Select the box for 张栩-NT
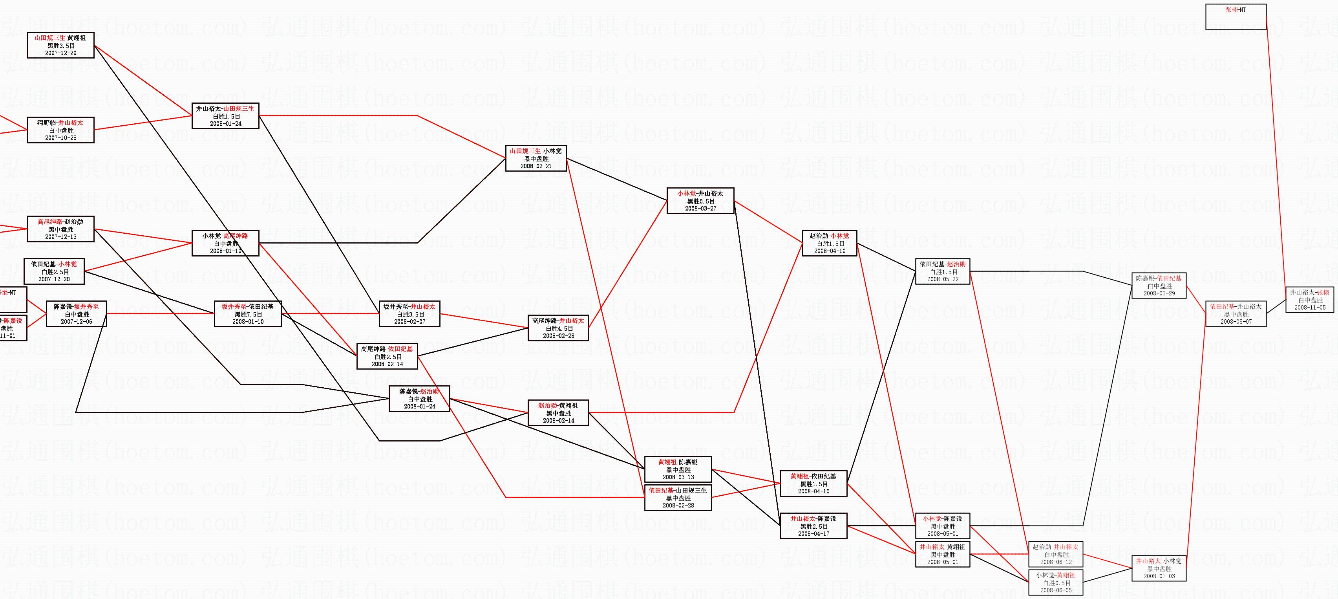tap(1235, 16)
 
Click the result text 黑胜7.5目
tap(248, 314)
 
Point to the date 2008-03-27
tap(700, 208)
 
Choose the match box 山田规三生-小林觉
tap(536, 158)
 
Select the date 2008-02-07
tap(409, 322)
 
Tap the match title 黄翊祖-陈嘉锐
tap(677, 462)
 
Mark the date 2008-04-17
tap(813, 533)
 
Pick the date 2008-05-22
tap(943, 279)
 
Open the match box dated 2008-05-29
tap(1159, 286)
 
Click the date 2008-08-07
tap(1236, 322)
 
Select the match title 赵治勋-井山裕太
tap(1055, 547)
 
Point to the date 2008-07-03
tap(1159, 576)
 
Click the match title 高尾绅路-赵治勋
tap(60, 222)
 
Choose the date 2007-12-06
tap(76, 322)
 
